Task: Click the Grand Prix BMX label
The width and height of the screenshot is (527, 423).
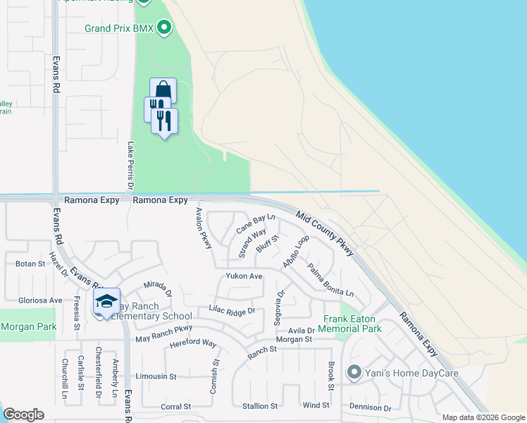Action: [120, 29]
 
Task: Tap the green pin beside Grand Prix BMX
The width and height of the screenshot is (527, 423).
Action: [164, 28]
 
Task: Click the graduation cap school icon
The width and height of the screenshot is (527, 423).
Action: [106, 301]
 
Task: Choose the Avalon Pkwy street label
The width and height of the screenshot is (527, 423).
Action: [204, 228]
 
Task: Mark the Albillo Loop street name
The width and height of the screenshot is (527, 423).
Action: [296, 251]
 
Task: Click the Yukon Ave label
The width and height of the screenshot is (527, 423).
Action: [244, 276]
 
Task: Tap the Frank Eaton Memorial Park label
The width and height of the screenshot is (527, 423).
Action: [352, 324]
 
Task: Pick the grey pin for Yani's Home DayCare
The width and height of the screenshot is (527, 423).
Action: [354, 372]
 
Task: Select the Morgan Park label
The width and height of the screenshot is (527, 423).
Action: [29, 326]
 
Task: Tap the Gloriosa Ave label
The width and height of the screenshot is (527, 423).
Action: [31, 300]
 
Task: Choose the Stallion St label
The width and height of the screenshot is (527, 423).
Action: [260, 406]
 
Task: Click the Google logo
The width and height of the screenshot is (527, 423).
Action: [23, 415]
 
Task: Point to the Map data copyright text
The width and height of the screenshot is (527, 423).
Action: [483, 417]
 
